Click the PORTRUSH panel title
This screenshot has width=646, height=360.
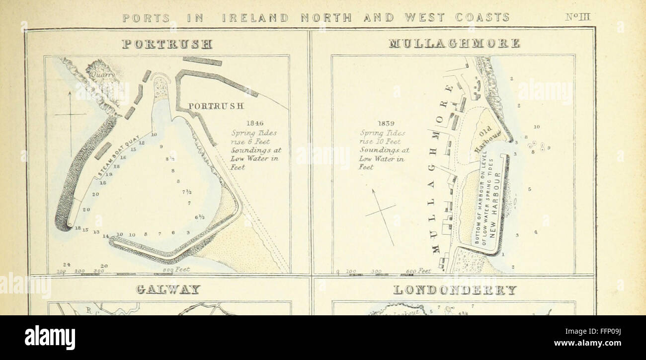pos(167,44)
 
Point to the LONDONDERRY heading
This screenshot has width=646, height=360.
pos(455,289)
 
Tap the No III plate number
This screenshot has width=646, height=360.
pos(577,17)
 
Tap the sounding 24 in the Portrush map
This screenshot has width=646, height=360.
pos(66,265)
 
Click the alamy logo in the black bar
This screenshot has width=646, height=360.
pos(50,338)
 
